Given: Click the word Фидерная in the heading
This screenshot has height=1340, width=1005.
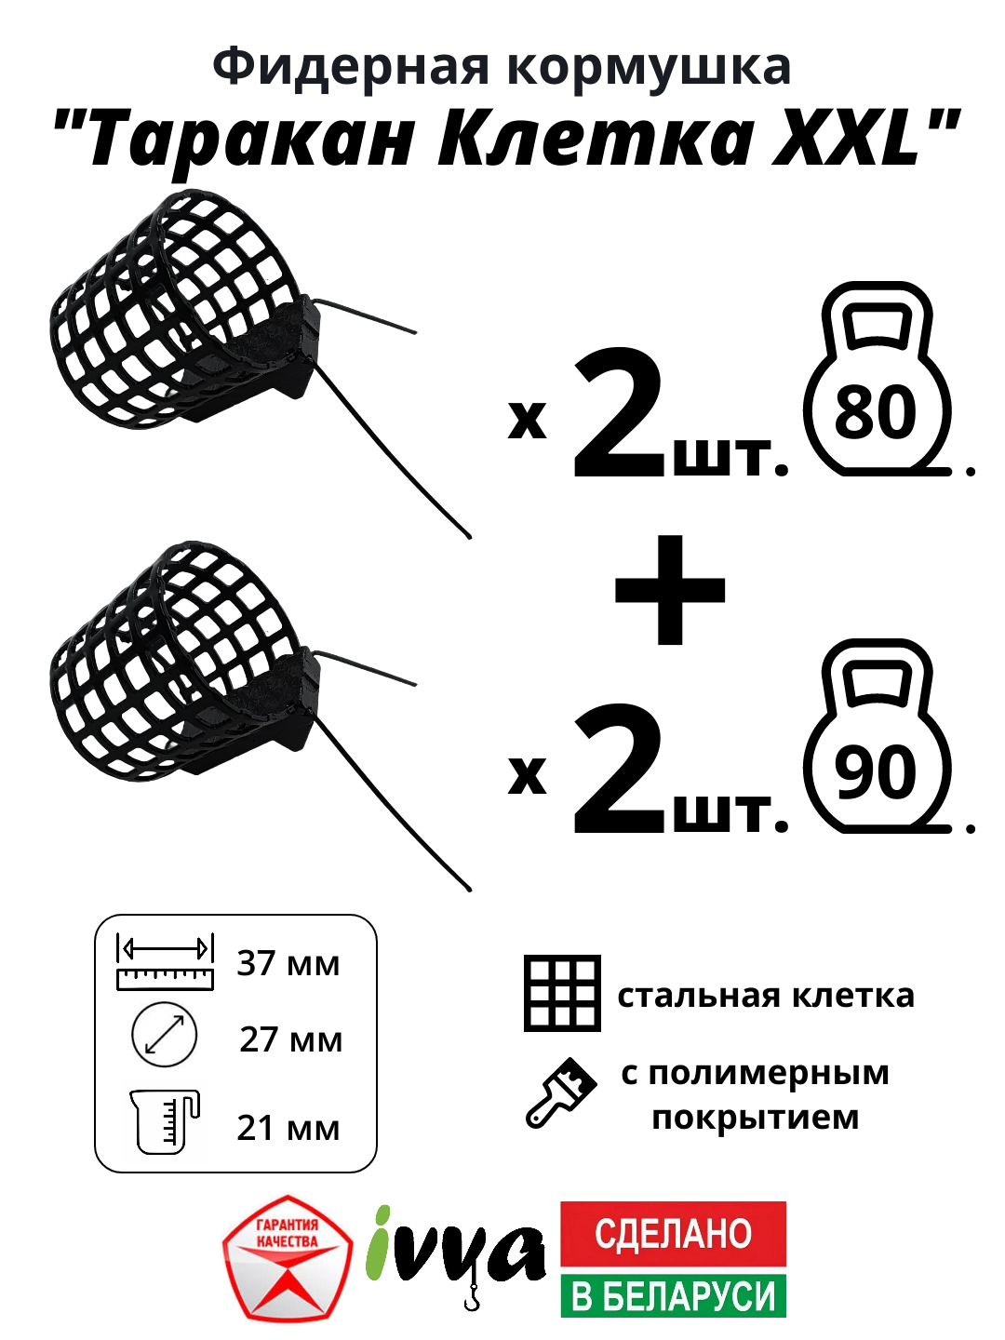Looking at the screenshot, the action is [350, 67].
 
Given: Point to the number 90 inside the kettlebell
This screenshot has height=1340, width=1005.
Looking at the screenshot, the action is [876, 771].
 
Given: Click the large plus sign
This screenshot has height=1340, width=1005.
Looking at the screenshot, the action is [670, 590].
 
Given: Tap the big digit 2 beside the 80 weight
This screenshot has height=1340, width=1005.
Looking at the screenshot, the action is [618, 416].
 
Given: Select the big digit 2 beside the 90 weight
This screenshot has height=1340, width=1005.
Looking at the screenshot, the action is [618, 770].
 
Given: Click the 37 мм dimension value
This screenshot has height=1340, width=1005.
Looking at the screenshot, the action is [288, 963].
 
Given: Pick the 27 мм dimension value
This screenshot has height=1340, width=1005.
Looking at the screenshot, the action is [290, 1039].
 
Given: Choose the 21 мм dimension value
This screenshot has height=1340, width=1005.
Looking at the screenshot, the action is [288, 1128].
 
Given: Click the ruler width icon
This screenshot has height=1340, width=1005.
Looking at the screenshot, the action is [165, 962].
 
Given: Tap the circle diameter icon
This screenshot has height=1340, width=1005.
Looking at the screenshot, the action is [165, 1035].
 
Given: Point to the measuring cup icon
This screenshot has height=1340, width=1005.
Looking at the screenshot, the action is [165, 1121].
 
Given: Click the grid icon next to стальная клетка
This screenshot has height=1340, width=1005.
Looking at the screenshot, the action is [562, 993].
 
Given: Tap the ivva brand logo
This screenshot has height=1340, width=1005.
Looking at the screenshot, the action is [455, 1253].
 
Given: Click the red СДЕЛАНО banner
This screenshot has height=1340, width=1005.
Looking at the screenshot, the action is [673, 1233].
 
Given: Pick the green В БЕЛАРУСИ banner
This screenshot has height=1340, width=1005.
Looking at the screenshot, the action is [673, 1295].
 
